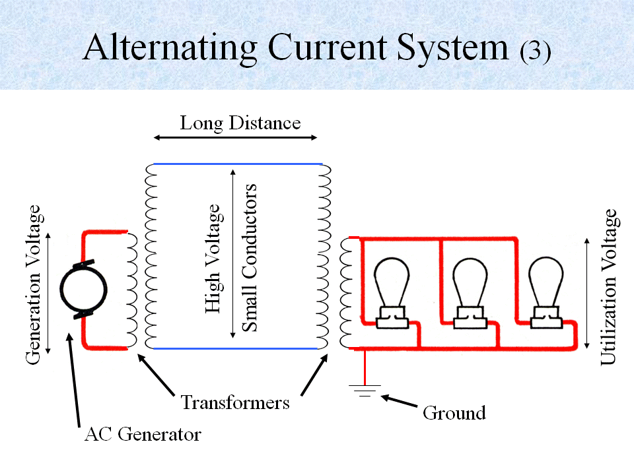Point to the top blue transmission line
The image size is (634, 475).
coord(238,164)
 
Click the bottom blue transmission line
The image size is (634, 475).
coord(238,348)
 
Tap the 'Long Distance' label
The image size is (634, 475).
coord(240,123)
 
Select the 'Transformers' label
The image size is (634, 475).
coord(235,402)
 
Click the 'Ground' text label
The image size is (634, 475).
coord(454,413)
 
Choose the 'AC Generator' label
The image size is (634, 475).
coord(143,435)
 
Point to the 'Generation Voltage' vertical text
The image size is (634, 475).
coord(34,284)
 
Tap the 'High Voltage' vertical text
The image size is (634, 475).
coord(212,259)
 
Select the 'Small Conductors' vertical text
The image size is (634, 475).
coord(249,257)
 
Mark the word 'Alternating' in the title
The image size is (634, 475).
coord(170,47)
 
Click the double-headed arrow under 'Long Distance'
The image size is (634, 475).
coord(236,138)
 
